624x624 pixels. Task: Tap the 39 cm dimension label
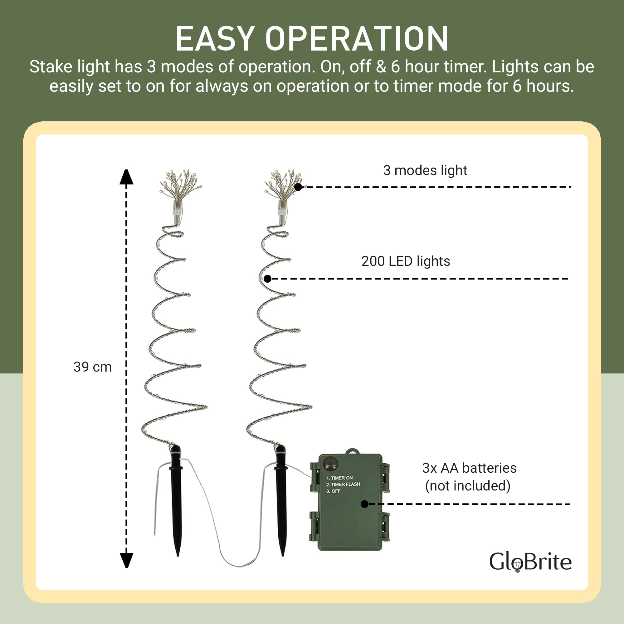click(92, 367)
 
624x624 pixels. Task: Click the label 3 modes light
click(425, 171)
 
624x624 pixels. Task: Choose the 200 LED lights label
click(406, 261)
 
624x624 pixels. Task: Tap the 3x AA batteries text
click(469, 468)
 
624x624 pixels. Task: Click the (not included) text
click(468, 486)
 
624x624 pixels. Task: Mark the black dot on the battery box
click(364, 504)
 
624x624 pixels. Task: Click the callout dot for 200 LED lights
click(267, 279)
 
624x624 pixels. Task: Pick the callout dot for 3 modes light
click(298, 187)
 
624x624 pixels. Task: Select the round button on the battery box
click(331, 464)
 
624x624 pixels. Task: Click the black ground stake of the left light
click(176, 500)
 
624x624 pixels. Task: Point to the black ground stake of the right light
click(281, 500)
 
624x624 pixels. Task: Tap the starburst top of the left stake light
click(181, 184)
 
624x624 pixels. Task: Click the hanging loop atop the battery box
click(353, 451)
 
